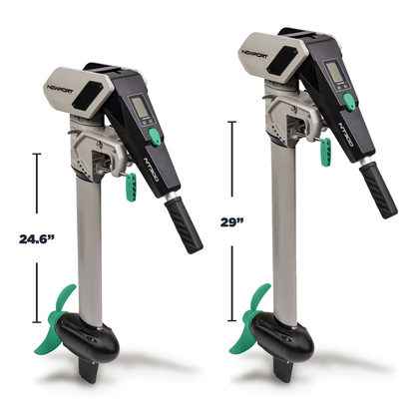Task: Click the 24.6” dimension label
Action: [x=37, y=238]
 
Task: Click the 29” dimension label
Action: [x=232, y=221]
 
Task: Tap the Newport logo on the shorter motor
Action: [x=60, y=89]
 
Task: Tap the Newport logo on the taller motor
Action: [x=254, y=54]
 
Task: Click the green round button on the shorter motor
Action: [x=154, y=137]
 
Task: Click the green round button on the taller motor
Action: [x=348, y=102]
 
